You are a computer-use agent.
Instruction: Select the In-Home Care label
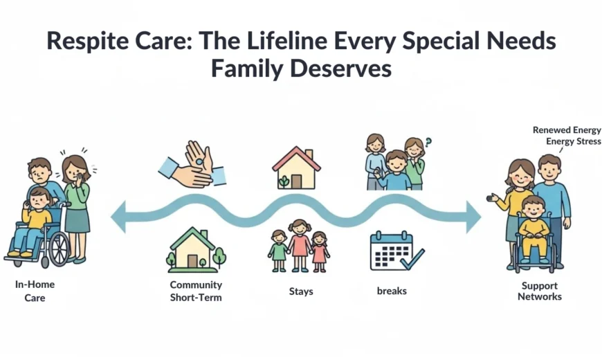point(35,291)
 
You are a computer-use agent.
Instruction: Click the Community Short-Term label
point(196,291)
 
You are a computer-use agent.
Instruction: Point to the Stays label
point(301,291)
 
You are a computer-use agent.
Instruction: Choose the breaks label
point(392,291)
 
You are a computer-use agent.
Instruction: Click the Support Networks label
point(540,291)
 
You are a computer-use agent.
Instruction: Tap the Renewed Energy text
point(567,130)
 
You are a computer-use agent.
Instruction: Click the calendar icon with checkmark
point(396,251)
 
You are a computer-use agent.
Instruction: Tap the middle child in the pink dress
point(300,246)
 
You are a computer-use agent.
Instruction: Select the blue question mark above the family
point(428,143)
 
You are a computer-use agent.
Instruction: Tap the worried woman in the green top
point(76,201)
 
